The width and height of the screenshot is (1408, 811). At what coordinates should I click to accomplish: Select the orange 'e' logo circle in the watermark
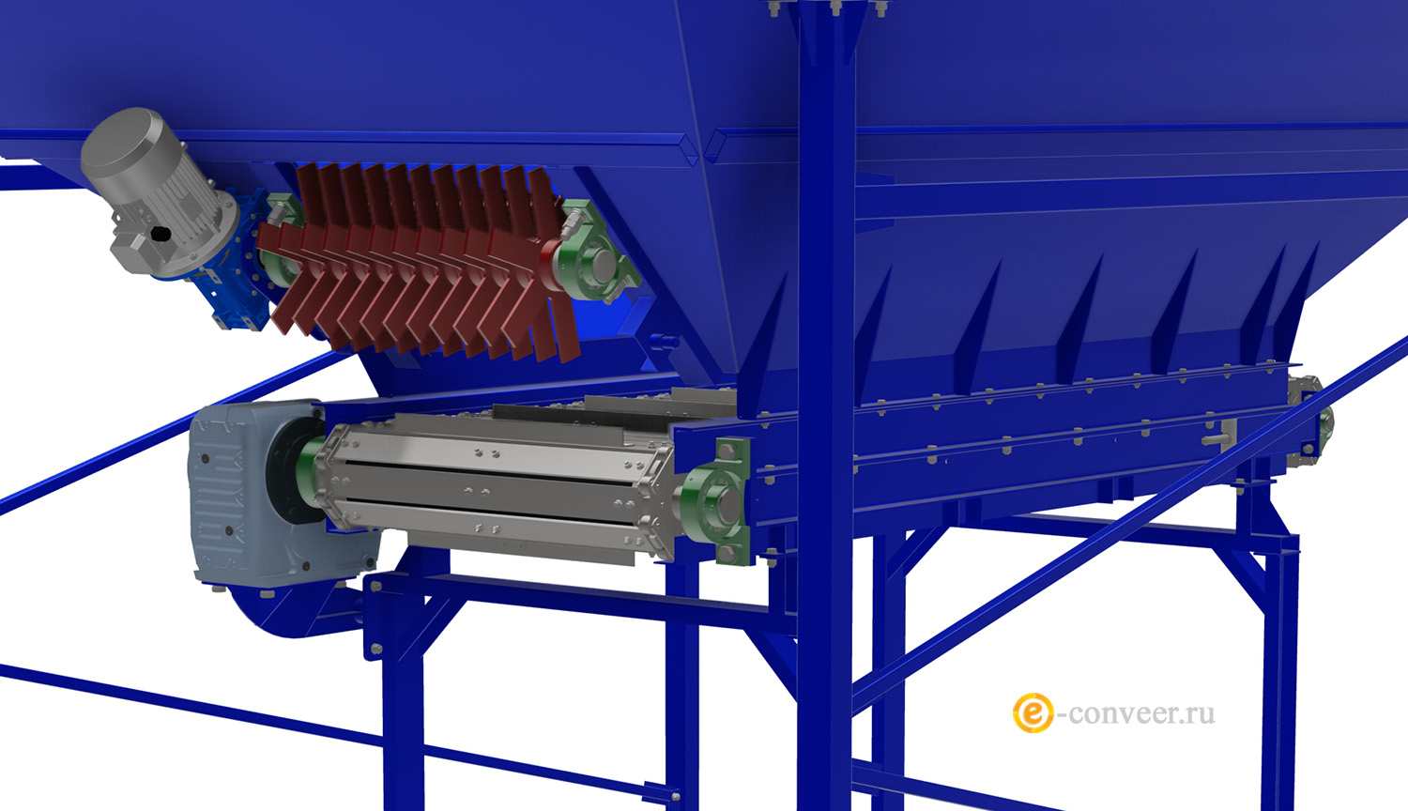tap(1033, 713)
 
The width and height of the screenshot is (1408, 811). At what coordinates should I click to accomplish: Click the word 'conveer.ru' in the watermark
tap(1141, 713)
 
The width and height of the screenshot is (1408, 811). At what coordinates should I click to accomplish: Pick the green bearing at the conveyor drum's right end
tap(716, 499)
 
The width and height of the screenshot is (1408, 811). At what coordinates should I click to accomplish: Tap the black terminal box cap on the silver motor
tap(161, 234)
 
